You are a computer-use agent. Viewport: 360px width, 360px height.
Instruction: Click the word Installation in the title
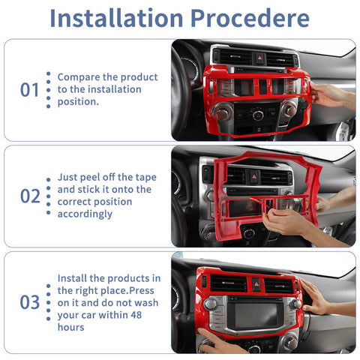116,18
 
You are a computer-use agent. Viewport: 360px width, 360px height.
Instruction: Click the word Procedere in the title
250,18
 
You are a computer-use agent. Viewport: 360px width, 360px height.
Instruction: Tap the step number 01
29,90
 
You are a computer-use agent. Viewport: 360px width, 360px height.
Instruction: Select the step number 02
30,196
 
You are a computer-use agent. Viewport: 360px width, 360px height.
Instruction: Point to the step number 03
30,302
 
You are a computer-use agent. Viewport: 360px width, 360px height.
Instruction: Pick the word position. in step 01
78,102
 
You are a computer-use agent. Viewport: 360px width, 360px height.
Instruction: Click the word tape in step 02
146,178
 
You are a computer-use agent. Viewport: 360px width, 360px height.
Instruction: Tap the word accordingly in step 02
85,214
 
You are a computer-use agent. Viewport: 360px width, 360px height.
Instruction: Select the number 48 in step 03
136,315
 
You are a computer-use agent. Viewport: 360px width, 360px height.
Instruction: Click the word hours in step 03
71,327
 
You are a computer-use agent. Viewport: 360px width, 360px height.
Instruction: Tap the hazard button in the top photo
260,58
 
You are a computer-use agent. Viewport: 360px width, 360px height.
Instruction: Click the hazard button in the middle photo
254,176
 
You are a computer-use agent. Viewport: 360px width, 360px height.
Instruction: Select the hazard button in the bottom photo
256,284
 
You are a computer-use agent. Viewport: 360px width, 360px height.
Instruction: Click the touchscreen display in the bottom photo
256,315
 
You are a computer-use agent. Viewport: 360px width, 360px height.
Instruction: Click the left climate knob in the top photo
223,112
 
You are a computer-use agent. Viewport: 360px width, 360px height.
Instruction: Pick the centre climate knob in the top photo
257,115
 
